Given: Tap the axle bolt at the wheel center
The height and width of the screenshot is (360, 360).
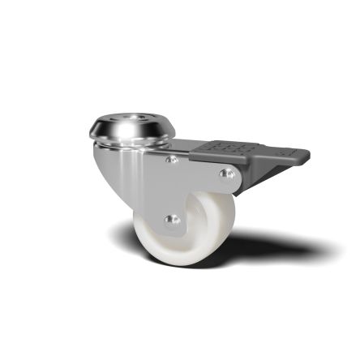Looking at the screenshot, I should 170,219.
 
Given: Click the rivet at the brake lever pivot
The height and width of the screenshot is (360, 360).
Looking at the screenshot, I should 227,174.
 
